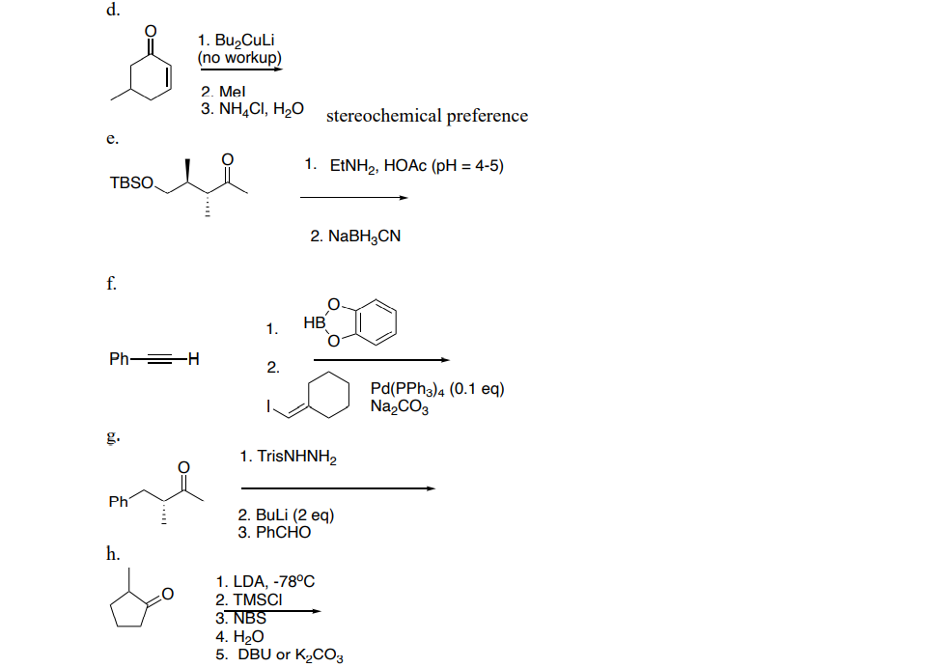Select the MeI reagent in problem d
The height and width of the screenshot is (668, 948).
(221, 93)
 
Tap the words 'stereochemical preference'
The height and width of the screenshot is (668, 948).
(428, 116)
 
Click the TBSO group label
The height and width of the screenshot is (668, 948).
(131, 181)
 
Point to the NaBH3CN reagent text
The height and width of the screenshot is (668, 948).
(355, 236)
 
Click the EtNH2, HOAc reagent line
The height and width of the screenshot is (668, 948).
(404, 165)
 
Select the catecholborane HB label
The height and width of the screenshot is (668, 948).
(313, 323)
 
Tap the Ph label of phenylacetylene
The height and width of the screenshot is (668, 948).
(120, 360)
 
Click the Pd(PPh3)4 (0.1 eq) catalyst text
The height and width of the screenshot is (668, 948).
(436, 389)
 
